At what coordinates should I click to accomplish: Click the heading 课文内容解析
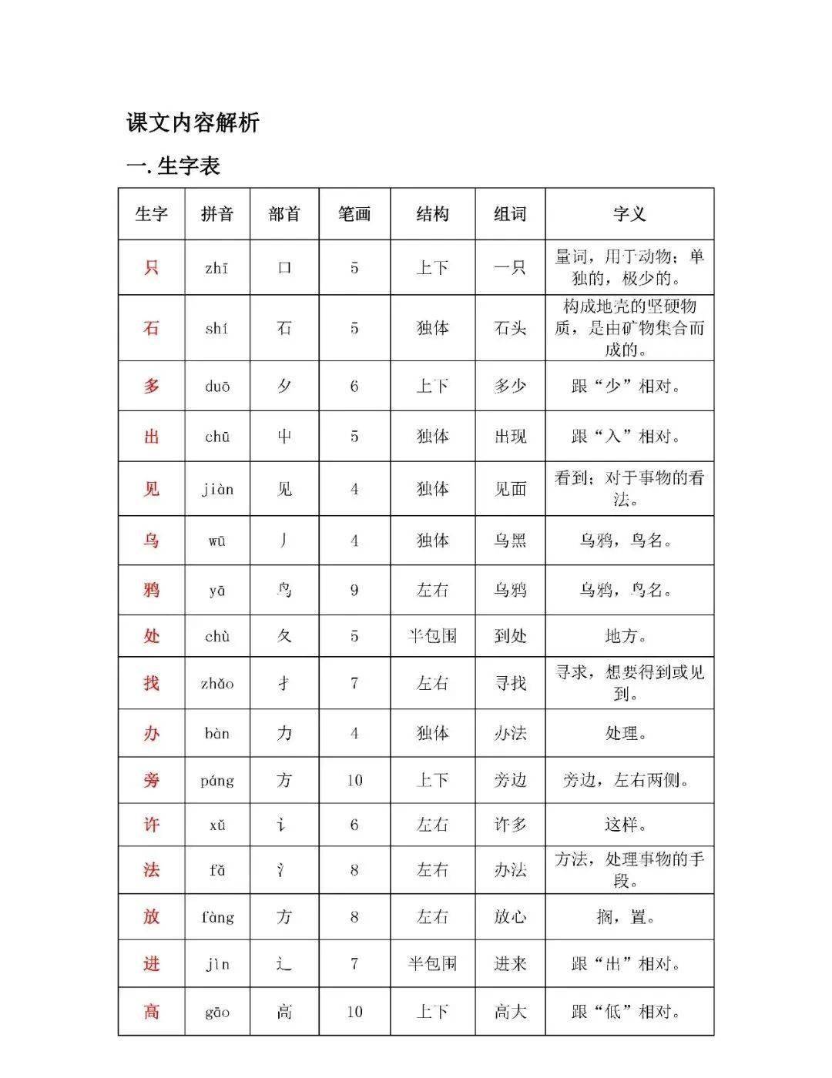[193, 122]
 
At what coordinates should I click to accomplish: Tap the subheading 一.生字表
[173, 166]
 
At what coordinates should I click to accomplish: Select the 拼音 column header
[217, 214]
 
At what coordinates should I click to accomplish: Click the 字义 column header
[629, 214]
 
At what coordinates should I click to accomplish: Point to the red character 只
[151, 268]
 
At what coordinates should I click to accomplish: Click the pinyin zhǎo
[217, 684]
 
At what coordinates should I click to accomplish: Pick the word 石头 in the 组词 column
[510, 329]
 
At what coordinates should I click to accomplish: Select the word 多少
[510, 386]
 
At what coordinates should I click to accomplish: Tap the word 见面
[510, 489]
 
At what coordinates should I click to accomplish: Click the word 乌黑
[510, 541]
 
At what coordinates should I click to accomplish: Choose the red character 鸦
[151, 590]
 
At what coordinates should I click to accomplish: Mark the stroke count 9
[354, 590]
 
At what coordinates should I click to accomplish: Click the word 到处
[510, 636]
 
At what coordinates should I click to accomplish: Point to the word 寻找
[510, 683]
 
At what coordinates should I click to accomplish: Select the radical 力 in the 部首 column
[284, 733]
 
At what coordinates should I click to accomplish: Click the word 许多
[510, 825]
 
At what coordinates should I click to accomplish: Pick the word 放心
[510, 917]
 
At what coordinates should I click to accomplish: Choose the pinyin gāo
[217, 1013]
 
